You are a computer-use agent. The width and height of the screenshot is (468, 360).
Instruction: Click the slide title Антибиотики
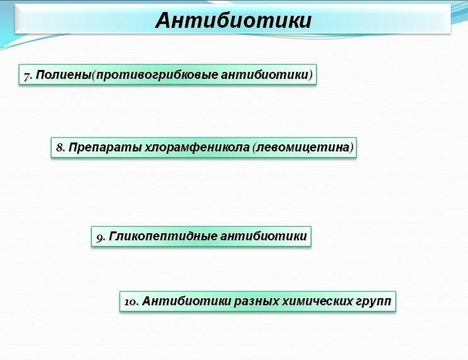pos(234,20)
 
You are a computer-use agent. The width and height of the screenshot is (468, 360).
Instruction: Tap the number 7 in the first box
pos(27,76)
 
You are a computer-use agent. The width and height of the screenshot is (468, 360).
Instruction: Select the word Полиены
pos(63,74)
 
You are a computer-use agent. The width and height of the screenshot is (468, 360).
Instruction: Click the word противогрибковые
pos(157,75)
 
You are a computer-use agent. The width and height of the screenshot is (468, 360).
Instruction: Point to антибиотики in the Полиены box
pos(265,74)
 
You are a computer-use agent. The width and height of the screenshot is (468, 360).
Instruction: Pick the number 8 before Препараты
pos(60,148)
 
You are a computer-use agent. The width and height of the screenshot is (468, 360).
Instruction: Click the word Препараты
pos(105,148)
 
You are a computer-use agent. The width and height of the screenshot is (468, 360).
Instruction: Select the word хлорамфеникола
pos(197,148)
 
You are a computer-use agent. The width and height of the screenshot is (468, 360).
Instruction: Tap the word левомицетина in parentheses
pos(303,148)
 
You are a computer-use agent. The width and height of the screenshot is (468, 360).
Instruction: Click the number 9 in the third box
pos(100,238)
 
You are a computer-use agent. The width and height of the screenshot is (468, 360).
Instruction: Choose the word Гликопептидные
pos(163,236)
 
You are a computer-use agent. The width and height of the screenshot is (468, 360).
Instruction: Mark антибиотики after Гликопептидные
pos(263,236)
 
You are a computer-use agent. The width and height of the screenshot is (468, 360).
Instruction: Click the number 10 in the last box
pos(130,302)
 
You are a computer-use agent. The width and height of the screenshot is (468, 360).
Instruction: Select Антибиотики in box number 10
pos(186,301)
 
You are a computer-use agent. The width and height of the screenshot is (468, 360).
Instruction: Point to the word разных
pos(257,301)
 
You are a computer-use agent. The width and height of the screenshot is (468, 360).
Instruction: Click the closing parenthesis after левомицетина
pos(351,148)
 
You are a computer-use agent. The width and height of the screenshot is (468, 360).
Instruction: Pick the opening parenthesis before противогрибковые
pos(93,75)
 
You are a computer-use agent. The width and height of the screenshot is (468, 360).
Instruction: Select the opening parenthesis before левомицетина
pos(254,148)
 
